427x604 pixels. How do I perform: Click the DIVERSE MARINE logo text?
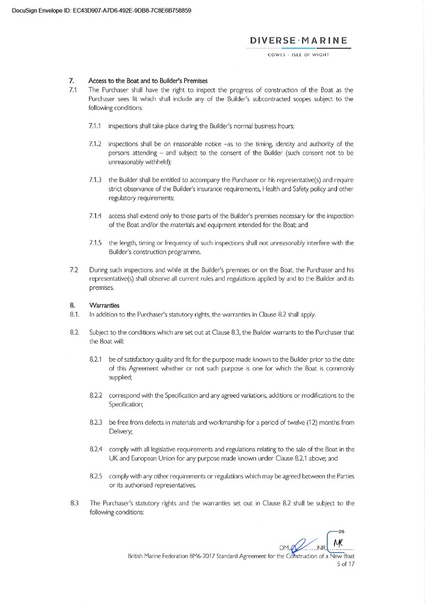[x=298, y=40]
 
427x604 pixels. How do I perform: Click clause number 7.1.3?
[x=96, y=181]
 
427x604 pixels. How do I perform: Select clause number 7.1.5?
[x=96, y=243]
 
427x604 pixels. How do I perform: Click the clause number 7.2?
[x=74, y=268]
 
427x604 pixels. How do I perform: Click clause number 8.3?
[x=74, y=503]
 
